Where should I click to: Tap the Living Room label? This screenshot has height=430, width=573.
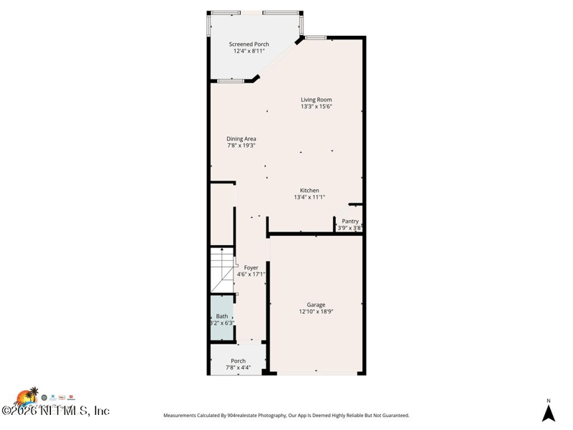pos(316,100)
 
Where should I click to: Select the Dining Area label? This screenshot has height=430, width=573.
pos(241,139)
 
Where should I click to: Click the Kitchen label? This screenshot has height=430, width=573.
pos(309,191)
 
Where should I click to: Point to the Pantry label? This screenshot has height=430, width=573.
pos(350,221)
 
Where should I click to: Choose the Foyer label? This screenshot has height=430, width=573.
pos(251,267)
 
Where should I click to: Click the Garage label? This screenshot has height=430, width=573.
pos(316,305)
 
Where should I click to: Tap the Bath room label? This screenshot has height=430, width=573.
pos(222,316)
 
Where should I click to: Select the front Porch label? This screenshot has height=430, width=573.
pos(238,360)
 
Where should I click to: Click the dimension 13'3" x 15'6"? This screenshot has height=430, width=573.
pos(316,107)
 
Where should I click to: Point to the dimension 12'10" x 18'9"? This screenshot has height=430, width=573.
pos(316,312)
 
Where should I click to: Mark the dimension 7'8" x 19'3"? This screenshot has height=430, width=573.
pos(241,145)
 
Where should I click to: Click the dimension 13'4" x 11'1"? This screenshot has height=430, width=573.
pos(309,197)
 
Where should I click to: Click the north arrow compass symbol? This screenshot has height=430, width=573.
pos(549,414)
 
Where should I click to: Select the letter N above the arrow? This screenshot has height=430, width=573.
pos(549,401)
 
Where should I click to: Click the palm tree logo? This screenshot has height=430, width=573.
pos(29,396)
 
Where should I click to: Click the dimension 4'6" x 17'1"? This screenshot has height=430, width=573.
pos(251,274)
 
